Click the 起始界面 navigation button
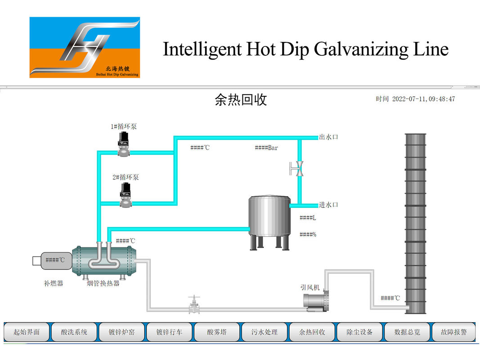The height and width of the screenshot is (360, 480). coord(27,333)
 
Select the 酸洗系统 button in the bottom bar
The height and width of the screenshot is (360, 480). coord(74,333)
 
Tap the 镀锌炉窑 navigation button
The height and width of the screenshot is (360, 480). coord(122,333)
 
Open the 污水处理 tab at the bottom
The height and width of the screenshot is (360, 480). coord(265,333)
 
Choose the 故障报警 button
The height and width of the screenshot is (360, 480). coord(453,333)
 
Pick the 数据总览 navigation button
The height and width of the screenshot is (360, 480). coord(407,333)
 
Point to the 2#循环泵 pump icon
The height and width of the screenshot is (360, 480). coord(126,195)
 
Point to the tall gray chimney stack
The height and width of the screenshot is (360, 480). coord(415,223)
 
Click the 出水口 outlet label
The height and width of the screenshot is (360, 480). coord(328,137)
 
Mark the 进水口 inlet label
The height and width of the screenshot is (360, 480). coord(328,205)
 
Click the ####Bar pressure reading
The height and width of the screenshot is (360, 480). coord(266,148)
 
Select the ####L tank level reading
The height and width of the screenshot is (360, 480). coord(308,218)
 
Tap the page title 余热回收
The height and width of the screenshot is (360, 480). coord(241,99)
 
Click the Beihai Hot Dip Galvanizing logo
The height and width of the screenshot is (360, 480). coord(85,47)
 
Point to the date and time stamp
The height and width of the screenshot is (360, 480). coord(415,99)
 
